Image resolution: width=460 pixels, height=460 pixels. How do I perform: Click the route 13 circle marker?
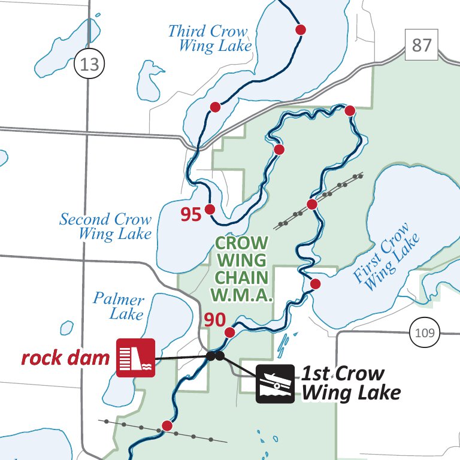tap(89, 63)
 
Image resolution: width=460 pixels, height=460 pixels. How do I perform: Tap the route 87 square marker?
tap(422, 45)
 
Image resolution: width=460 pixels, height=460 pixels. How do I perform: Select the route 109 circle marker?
tap(425, 332)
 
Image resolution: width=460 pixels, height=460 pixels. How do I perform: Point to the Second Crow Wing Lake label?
tap(105, 226)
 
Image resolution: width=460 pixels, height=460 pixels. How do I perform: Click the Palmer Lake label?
tap(119, 307)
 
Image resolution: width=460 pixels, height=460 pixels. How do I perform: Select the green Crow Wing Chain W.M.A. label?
tap(241, 269)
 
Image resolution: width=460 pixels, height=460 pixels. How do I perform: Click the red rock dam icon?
tap(135, 358)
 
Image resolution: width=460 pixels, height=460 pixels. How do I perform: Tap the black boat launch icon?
tap(276, 383)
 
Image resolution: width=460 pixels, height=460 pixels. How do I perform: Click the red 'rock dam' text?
tap(65, 358)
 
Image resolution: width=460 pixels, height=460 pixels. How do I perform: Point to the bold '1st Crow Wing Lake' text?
tap(350, 383)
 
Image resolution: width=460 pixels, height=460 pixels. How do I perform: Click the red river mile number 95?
tap(191, 214)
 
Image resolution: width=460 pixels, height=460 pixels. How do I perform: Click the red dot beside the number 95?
tap(210, 209)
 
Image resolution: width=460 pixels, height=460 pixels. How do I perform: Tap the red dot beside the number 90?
tap(229, 332)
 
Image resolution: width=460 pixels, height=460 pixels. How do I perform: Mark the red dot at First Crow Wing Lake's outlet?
tap(316, 283)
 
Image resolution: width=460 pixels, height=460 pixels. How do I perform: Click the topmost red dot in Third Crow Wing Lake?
tap(301, 29)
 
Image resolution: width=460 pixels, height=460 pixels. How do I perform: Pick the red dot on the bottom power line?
tap(167, 426)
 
